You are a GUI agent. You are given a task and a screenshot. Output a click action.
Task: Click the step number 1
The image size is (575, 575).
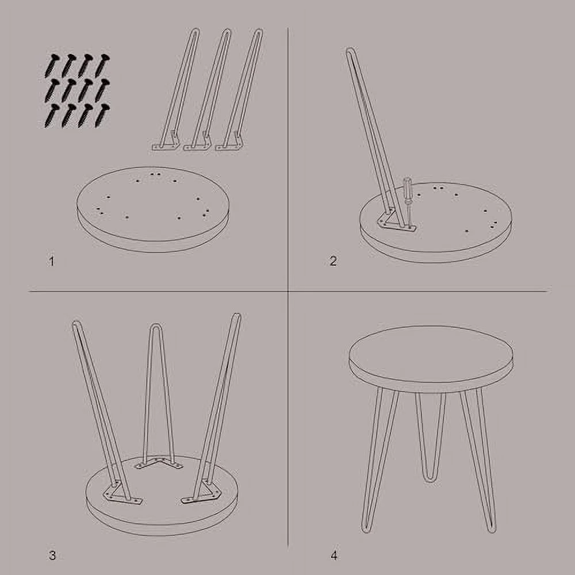click(52, 262)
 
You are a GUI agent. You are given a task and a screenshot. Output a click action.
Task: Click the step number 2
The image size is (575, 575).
click(333, 261)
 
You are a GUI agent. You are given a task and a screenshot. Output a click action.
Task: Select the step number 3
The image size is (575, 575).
click(52, 555)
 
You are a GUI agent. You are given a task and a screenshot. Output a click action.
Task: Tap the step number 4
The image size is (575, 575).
click(333, 555)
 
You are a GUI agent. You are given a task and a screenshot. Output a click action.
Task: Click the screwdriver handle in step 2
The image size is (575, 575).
click(408, 185)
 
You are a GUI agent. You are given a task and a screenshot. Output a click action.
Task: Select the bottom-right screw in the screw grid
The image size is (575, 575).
click(102, 116)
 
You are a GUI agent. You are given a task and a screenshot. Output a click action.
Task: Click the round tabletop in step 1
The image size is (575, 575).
click(153, 209)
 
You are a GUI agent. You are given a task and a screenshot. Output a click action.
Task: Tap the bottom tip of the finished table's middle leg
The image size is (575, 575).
click(430, 480)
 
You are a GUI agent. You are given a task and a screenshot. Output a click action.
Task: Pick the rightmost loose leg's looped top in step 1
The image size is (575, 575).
click(259, 32)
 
